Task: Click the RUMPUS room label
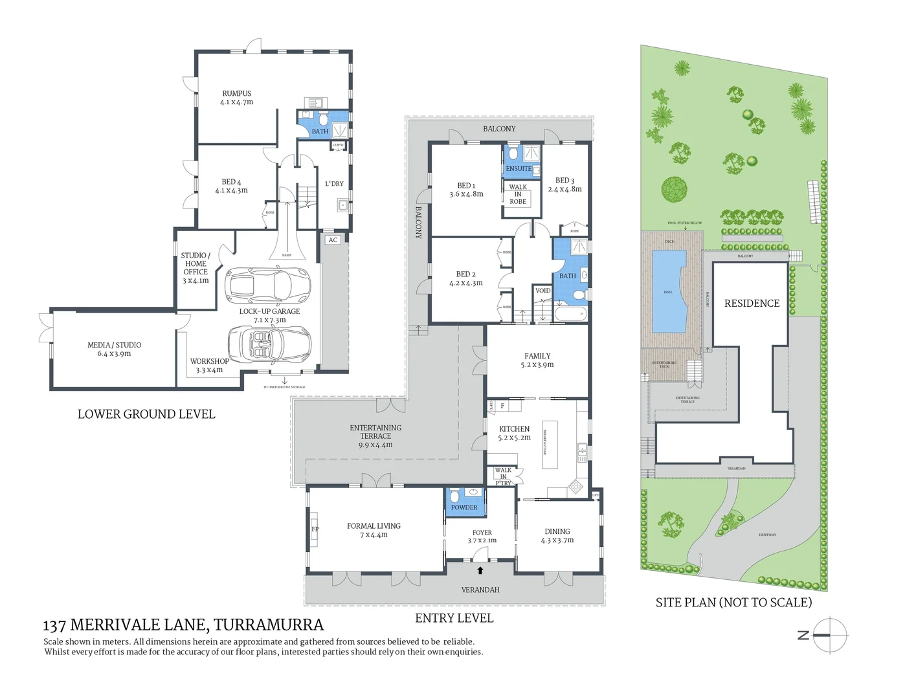236,93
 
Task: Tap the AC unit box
333,240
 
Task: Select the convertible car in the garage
269,341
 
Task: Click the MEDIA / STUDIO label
114,345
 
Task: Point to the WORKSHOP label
209,361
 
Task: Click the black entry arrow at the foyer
480,570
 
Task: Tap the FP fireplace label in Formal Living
315,529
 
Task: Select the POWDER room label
464,507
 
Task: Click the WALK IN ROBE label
518,194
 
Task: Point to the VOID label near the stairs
542,291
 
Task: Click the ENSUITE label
519,169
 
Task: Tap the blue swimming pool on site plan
670,291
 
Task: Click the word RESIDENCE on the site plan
752,303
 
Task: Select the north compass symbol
829,636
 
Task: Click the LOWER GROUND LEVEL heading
146,414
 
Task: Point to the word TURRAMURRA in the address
269,625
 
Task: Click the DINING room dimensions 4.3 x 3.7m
557,540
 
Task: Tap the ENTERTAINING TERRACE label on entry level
375,432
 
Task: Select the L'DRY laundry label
334,184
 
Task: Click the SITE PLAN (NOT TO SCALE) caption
733,603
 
